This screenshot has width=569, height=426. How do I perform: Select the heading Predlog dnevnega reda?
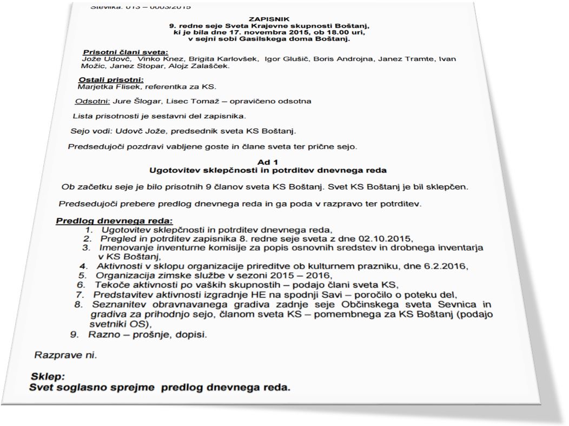click(114, 221)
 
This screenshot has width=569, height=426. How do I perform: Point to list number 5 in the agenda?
click(82, 275)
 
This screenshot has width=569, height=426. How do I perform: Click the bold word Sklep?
click(48, 377)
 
